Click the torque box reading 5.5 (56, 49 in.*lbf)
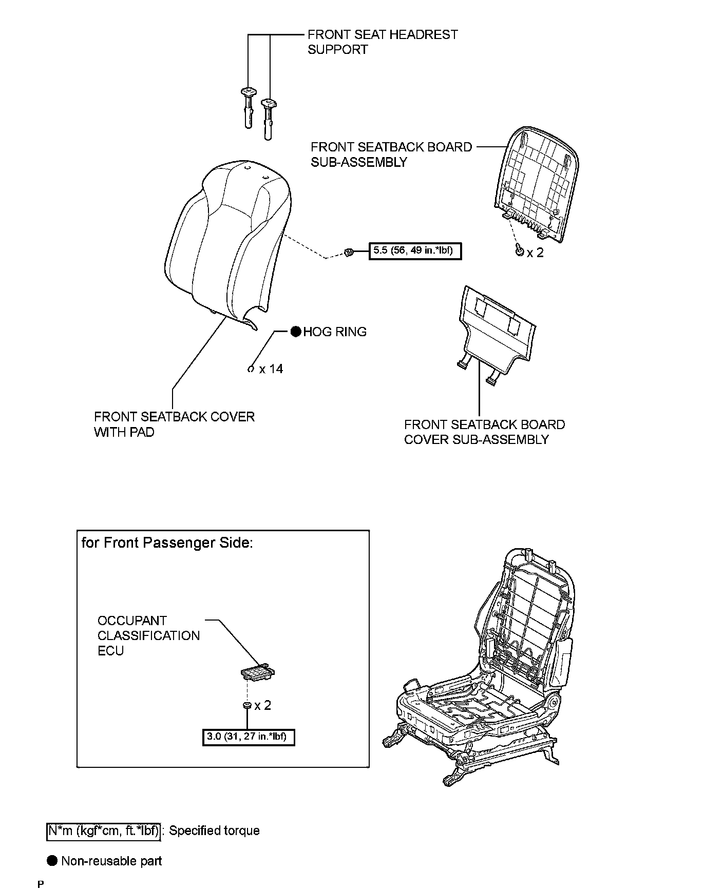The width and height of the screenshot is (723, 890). pos(415,251)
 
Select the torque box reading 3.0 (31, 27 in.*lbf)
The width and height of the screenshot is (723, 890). pos(249,738)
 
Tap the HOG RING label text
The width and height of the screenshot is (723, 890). pos(335,332)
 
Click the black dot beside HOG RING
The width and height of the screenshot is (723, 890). pos(296,332)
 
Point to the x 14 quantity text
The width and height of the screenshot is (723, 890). pos(271,369)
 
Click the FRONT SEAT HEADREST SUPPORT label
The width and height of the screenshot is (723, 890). pos(382,42)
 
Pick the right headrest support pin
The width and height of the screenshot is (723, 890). pos(268,118)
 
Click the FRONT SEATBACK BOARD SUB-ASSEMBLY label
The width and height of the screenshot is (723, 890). pos(391,154)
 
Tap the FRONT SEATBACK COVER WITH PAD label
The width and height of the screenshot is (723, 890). pos(174,424)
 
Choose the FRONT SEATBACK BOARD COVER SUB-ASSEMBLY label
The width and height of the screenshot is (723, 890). pos(484,432)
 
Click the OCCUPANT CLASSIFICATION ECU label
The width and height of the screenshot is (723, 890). pos(148,635)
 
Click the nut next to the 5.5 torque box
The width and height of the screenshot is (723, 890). pos(349,251)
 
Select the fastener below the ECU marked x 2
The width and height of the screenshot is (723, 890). pos(247,706)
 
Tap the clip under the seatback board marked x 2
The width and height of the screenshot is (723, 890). pos(520,251)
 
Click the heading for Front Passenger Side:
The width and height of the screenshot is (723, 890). pos(167,543)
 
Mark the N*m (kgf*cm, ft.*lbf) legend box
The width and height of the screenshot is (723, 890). pos(104,830)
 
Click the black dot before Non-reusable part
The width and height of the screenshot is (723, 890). pos(52,861)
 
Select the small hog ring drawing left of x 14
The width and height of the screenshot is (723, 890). pos(251,369)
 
